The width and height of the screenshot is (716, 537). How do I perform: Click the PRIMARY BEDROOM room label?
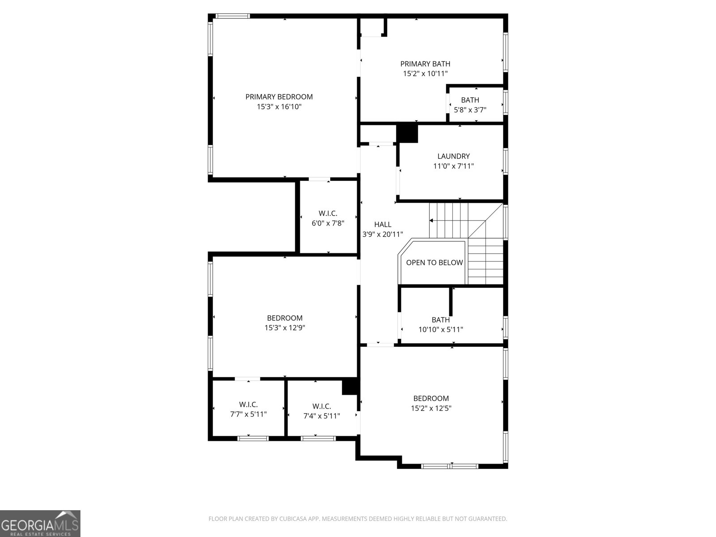pos(279,97)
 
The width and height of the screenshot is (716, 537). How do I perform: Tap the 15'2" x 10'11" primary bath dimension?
pos(426,74)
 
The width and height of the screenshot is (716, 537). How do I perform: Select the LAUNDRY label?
pos(453,156)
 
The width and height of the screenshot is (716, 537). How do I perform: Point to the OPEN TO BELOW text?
pos(435,263)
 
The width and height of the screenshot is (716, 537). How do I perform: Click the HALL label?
pos(383,224)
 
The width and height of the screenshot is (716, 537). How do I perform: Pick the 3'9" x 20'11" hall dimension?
pos(383,234)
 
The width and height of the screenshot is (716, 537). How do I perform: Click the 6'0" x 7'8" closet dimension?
pos(328,223)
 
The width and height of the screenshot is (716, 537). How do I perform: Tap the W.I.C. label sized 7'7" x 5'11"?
pos(248,404)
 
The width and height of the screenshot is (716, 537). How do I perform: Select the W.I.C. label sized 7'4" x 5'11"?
pos(322,406)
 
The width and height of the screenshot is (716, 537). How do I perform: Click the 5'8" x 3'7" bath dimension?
pos(470,110)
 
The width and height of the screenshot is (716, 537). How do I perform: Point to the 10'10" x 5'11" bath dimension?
pos(441,330)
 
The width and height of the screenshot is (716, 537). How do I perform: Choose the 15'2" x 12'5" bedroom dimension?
pos(431,408)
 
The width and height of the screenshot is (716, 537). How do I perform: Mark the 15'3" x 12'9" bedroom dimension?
pos(285,328)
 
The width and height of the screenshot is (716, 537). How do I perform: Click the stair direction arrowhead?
pos(431,221)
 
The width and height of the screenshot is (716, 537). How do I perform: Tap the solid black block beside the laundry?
pos(407,133)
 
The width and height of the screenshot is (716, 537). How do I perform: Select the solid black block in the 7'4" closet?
pos(350,386)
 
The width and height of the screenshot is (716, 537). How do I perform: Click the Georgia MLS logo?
pos(40,524)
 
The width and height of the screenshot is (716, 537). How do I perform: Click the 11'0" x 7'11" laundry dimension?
pos(453,166)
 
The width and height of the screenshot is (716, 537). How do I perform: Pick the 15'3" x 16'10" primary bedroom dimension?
pos(279,107)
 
